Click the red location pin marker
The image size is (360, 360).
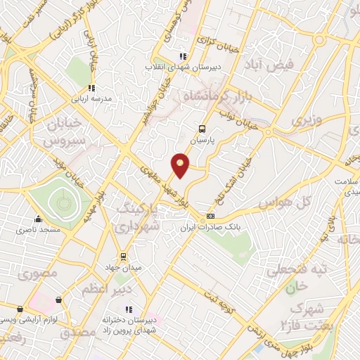pyautogui.click(x=181, y=165)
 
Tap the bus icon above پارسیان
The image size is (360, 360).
pyautogui.click(x=202, y=129)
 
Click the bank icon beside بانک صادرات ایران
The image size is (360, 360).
pyautogui.click(x=211, y=216)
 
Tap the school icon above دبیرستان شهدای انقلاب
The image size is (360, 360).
pyautogui.click(x=182, y=56)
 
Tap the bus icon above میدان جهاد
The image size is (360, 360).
pyautogui.click(x=123, y=256)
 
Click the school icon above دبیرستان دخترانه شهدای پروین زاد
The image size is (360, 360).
pyautogui.click(x=128, y=309)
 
